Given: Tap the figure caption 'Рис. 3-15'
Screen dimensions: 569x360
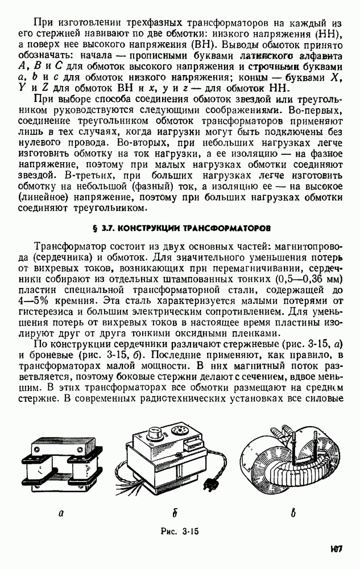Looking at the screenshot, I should (179, 531).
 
